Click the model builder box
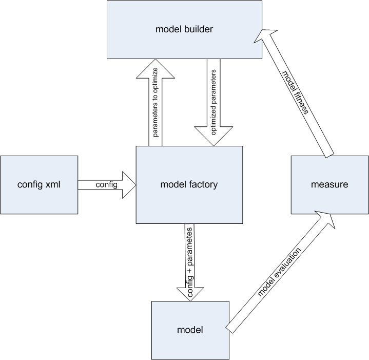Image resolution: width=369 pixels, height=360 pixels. pyautogui.click(x=185, y=30)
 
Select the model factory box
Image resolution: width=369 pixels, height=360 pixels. pyautogui.click(x=189, y=185)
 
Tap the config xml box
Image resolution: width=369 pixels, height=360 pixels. pyautogui.click(x=39, y=185)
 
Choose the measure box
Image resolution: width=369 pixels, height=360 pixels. pyautogui.click(x=329, y=185)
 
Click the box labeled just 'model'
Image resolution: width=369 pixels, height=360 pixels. pyautogui.click(x=190, y=330)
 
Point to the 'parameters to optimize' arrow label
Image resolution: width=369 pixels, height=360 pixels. pyautogui.click(x=156, y=102)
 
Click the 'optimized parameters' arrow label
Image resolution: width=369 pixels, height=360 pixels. pyautogui.click(x=213, y=102)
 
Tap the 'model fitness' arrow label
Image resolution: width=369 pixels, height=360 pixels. pyautogui.click(x=295, y=92)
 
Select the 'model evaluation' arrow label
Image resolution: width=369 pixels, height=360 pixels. pyautogui.click(x=279, y=272)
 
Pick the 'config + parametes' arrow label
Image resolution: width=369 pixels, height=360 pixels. pyautogui.click(x=190, y=262)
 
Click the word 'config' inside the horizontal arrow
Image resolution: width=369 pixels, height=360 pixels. pyautogui.click(x=106, y=184)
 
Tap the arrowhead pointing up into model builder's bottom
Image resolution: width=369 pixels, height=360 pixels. pyautogui.click(x=156, y=68)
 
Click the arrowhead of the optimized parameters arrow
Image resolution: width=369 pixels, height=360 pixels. pyautogui.click(x=213, y=136)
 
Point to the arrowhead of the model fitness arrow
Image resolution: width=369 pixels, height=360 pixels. pyautogui.click(x=265, y=36)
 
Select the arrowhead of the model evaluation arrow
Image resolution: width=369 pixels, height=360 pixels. pyautogui.click(x=325, y=219)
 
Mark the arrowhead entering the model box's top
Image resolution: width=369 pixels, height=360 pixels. pyautogui.click(x=190, y=294)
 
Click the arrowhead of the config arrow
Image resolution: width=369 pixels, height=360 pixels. pyautogui.click(x=129, y=185)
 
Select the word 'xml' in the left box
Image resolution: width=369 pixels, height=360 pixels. pyautogui.click(x=53, y=184)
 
